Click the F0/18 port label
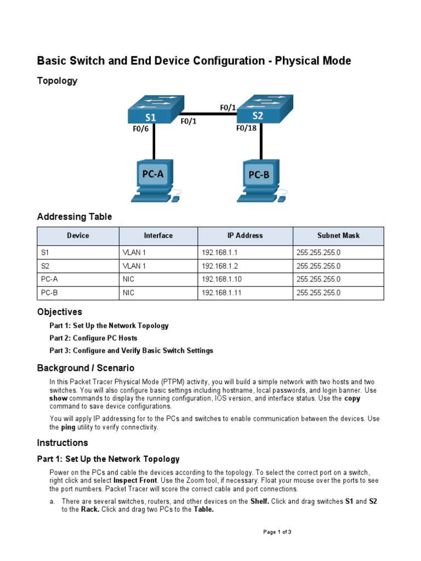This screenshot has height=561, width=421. pos(247,129)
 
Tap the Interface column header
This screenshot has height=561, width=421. pos(158,236)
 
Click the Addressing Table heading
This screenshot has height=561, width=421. pos(74,217)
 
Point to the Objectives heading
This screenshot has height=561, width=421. pos(59,312)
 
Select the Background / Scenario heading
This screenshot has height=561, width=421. pos(85,368)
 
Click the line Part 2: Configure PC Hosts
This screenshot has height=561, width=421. pos(93,338)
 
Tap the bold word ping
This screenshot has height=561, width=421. pos(67,427)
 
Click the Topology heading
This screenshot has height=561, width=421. pos(57,81)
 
